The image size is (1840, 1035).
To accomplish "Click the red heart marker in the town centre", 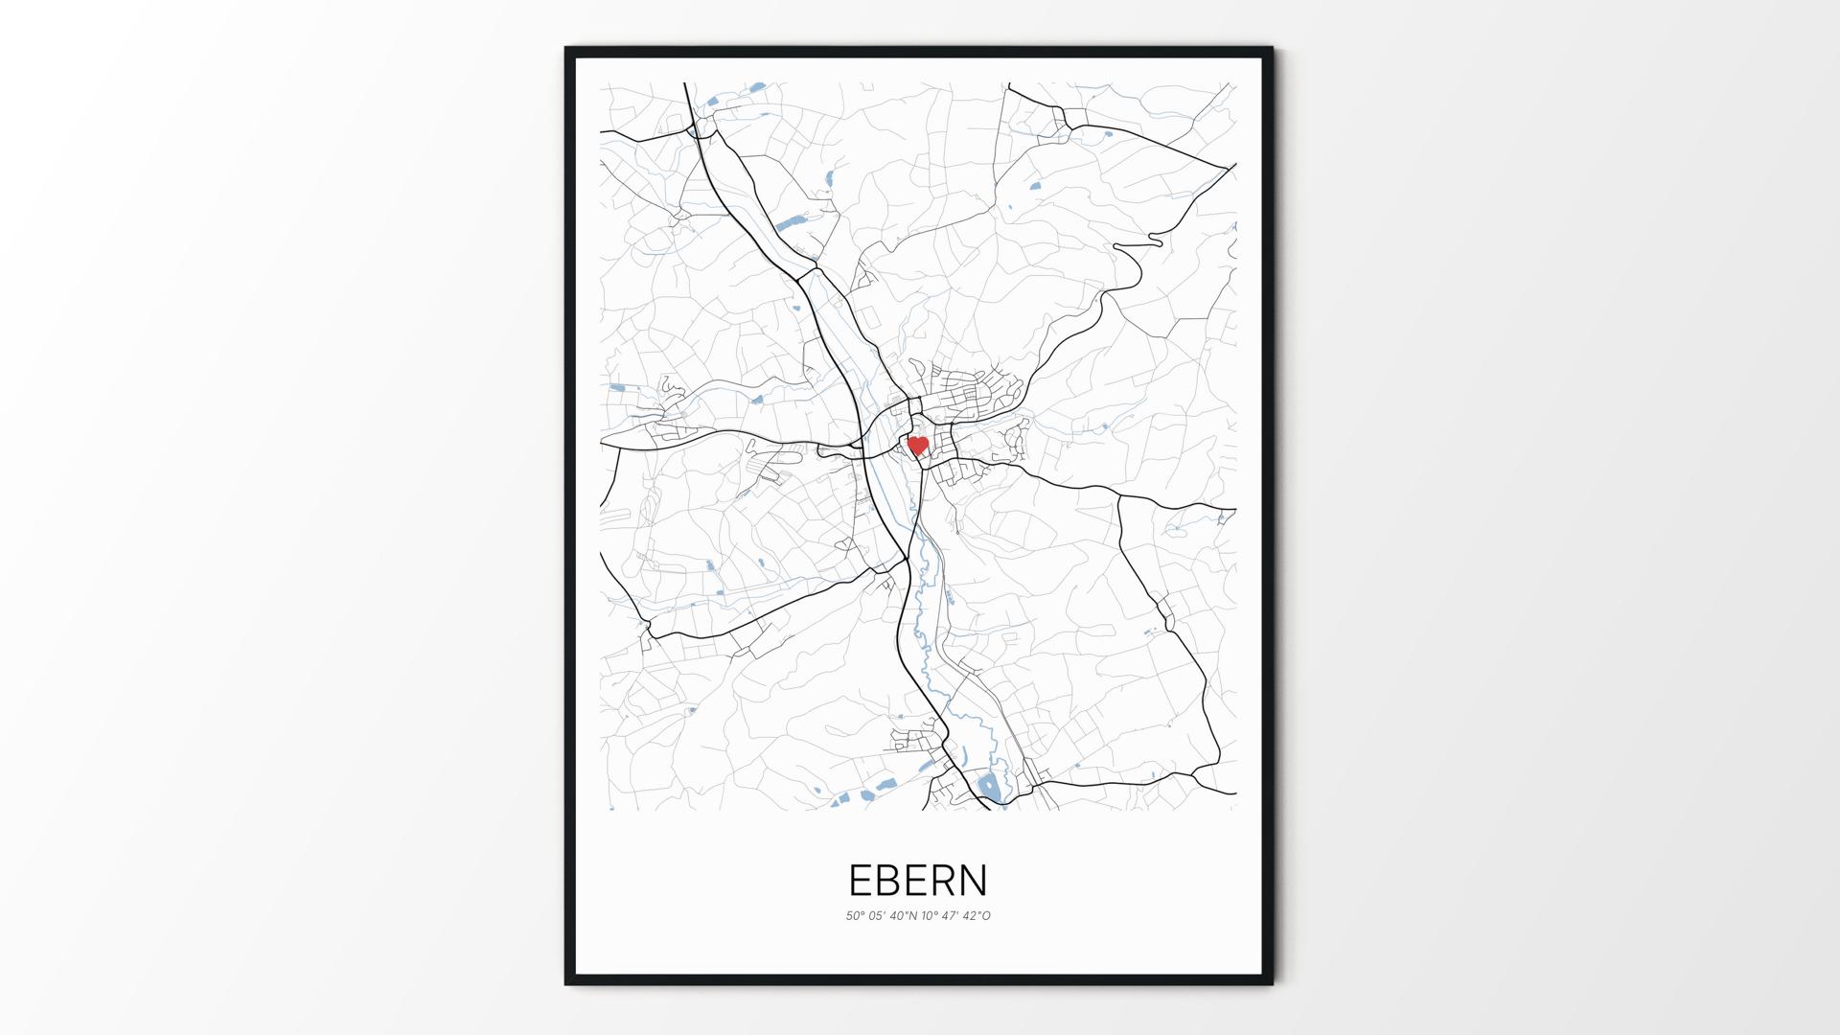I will [x=918, y=445].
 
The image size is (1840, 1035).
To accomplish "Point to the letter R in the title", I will [x=943, y=880].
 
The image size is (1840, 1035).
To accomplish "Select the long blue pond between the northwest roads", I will [x=792, y=223].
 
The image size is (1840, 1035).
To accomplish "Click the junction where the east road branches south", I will [x=1118, y=496].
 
